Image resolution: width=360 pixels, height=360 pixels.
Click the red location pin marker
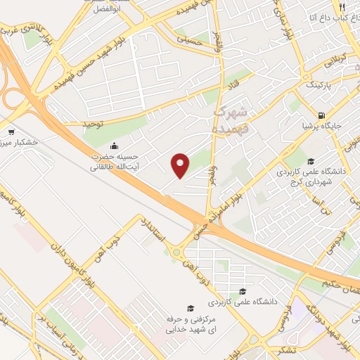pos(181,165)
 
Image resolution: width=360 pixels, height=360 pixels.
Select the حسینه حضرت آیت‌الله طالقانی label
pos(114,162)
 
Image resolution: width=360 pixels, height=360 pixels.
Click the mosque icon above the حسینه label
pos(114,146)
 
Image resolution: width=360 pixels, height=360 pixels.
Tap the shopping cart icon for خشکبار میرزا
pos(11,131)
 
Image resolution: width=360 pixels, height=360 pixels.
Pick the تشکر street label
pos(267,347)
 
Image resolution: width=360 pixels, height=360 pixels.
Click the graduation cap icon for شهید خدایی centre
pos(188,308)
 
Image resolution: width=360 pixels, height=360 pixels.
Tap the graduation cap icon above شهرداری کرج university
pos(311,161)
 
